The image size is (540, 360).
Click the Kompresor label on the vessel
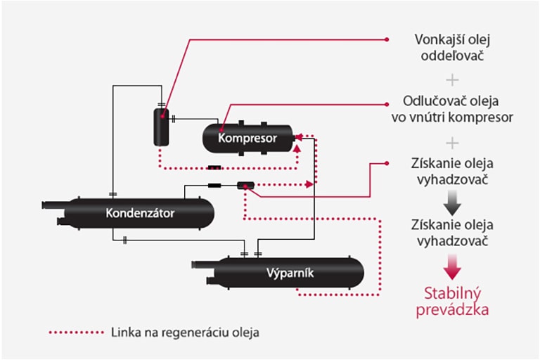pos(247,139)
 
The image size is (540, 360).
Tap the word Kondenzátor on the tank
pos(141,212)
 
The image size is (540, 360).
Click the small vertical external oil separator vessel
pos(162,127)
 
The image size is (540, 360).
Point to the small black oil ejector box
pos(245,186)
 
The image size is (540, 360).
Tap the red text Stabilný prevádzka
pos(454,300)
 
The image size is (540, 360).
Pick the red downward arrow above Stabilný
pos(453,265)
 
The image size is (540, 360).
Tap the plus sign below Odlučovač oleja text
pos(452,142)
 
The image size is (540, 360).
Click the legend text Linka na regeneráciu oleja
pos(185,332)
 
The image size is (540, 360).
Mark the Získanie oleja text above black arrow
pos(452,171)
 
